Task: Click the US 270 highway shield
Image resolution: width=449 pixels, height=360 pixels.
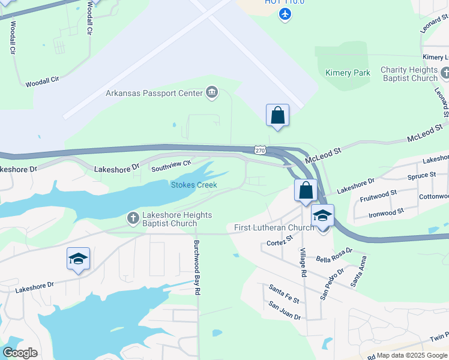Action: pos(259,151)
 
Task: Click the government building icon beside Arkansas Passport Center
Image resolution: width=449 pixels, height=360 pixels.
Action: pos(211,92)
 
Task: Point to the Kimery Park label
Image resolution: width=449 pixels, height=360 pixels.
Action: pos(348,73)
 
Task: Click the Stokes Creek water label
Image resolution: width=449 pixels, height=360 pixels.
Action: pos(194,185)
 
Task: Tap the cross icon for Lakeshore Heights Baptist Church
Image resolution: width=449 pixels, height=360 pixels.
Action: pos(133,218)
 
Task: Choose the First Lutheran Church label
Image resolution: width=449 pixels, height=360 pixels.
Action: pos(274,227)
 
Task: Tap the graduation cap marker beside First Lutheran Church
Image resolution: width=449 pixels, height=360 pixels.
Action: pos(322,216)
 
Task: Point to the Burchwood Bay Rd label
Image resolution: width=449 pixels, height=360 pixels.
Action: pos(196,267)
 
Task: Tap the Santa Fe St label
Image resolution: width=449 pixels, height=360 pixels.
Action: pos(283,289)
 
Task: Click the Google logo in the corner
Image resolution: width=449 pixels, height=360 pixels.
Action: pos(20,353)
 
